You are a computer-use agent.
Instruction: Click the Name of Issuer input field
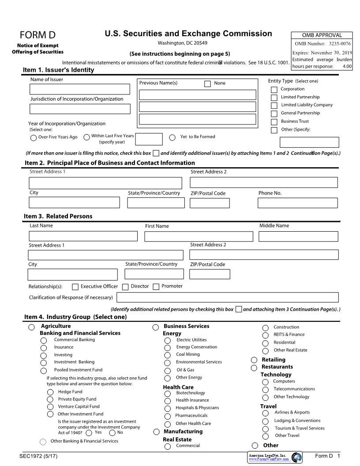(x=80, y=89)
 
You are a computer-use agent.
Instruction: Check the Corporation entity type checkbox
(x=274, y=90)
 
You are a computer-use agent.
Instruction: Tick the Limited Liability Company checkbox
(x=274, y=105)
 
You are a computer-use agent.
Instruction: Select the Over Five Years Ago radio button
(x=34, y=138)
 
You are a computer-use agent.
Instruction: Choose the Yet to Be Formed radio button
(x=172, y=138)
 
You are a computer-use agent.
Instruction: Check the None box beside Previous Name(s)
(x=207, y=84)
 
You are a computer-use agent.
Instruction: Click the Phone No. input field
(x=298, y=203)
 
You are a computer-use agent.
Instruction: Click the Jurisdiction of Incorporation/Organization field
(x=80, y=109)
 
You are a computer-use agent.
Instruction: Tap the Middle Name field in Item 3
(x=298, y=236)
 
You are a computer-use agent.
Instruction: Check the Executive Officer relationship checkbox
(x=75, y=287)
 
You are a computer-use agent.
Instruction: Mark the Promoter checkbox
(x=156, y=287)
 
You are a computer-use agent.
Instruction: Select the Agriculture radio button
(x=32, y=327)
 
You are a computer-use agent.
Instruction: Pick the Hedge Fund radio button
(x=50, y=392)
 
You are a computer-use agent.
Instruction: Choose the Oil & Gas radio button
(x=168, y=371)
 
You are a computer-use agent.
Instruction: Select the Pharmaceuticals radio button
(x=168, y=416)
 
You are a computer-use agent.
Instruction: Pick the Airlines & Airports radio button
(x=265, y=413)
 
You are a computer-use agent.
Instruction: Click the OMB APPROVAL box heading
(x=322, y=35)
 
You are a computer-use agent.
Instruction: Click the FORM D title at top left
(x=37, y=35)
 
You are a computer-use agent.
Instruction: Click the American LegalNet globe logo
(x=296, y=457)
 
